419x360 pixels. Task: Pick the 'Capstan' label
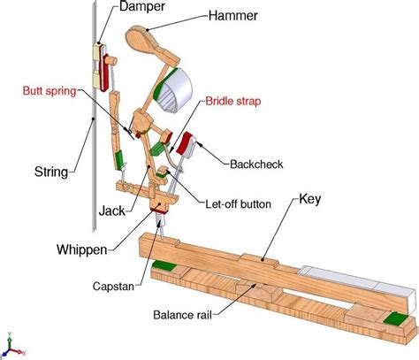114,286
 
